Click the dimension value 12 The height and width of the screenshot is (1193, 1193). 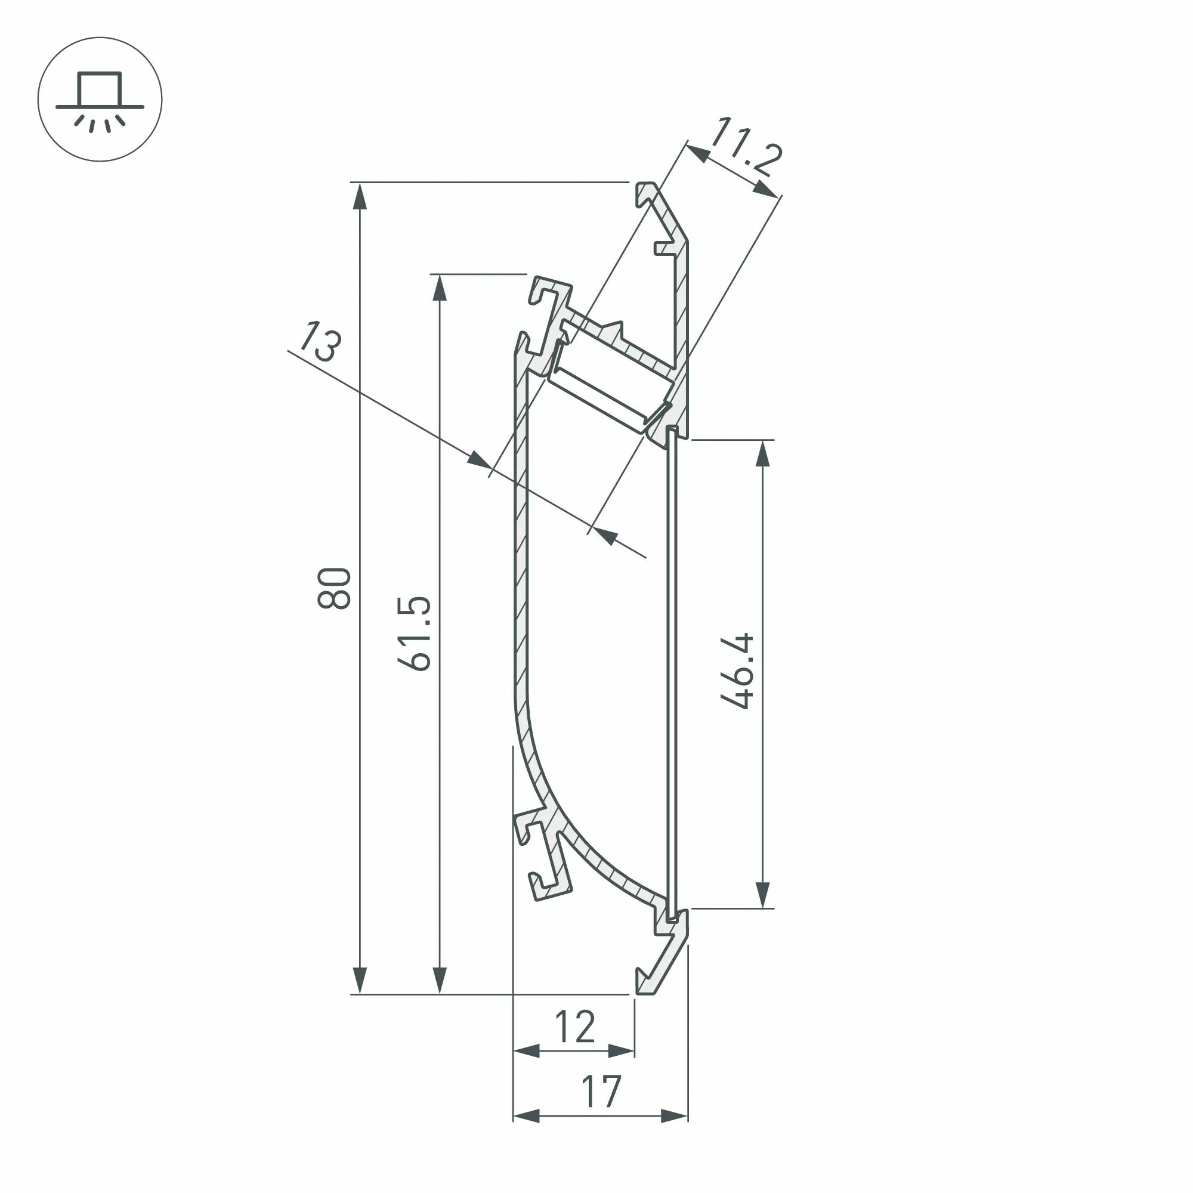point(575,1027)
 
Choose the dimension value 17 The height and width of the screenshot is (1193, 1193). point(600,1092)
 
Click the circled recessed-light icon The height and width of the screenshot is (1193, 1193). point(100,100)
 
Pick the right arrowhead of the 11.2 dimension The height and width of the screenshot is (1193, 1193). point(766,190)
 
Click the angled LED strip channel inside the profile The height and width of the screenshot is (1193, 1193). point(608,395)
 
